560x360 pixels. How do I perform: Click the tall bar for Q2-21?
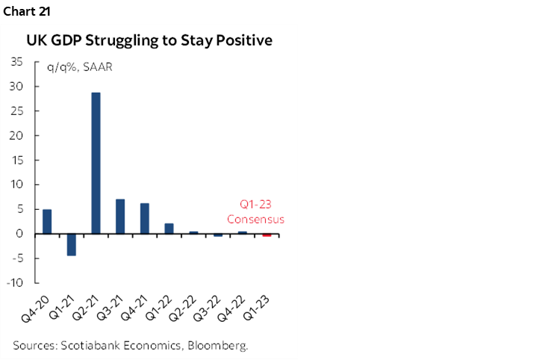click(96, 163)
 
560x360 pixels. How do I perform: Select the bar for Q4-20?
click(47, 222)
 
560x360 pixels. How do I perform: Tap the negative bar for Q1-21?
click(72, 244)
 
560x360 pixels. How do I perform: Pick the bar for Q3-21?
click(120, 217)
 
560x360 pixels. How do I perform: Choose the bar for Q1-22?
click(169, 229)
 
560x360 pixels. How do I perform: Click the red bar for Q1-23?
click(267, 235)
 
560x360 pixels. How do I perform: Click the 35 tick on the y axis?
click(16, 62)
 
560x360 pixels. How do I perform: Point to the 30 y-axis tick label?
click(16, 87)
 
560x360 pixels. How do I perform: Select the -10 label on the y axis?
click(14, 283)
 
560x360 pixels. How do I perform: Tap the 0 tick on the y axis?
click(19, 234)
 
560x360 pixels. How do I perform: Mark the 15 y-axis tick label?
click(16, 160)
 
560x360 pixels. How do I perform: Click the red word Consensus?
click(255, 220)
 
